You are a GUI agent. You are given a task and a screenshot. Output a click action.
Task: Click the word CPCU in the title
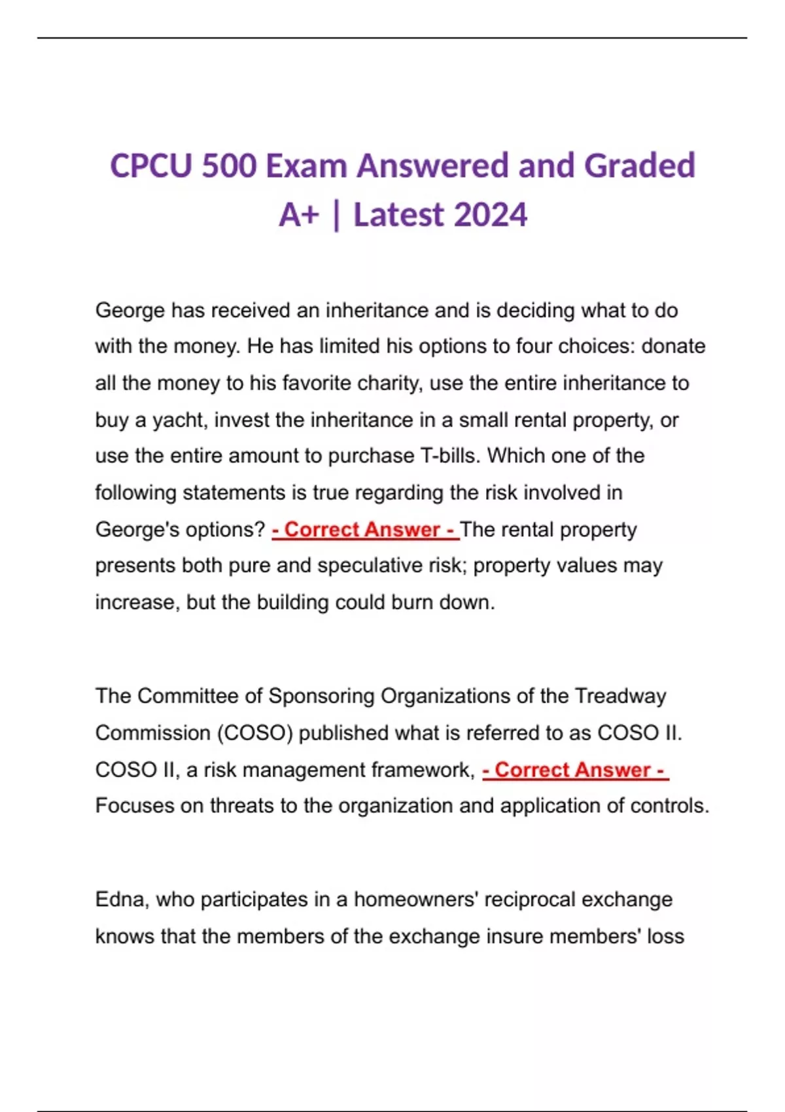pos(151,165)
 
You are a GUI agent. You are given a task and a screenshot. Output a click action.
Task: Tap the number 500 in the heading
pos(229,165)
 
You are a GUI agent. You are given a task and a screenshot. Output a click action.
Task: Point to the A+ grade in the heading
pos(298,215)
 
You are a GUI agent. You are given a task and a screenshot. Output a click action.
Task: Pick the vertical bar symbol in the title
pos(336,215)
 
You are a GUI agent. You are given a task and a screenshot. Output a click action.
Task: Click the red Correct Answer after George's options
pos(365,529)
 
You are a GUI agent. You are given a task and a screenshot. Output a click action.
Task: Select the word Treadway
pos(620,696)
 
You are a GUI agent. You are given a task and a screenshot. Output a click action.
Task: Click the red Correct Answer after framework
pos(575,770)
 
